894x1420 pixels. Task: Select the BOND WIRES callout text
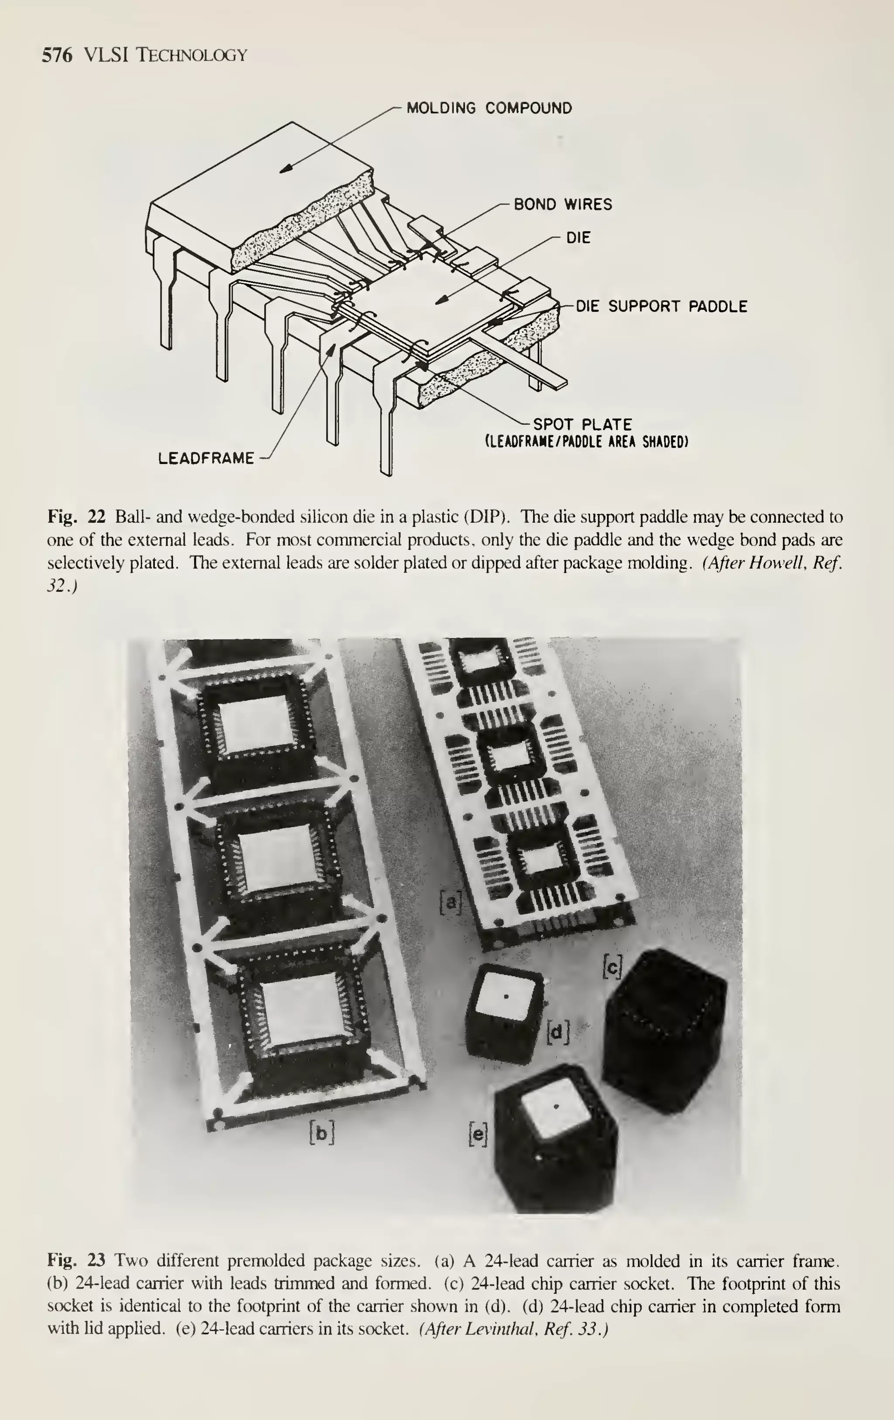pos(563,205)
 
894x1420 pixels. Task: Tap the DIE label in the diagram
pos(578,238)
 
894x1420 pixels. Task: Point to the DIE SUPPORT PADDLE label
pos(661,307)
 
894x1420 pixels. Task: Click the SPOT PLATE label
pos(582,425)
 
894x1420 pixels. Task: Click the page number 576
pos(57,55)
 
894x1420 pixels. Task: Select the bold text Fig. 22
pos(76,517)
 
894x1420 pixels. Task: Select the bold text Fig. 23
pos(76,1261)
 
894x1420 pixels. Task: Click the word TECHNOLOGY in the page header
pos(192,55)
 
